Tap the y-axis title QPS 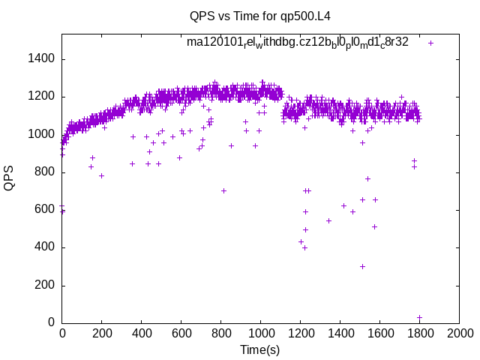(x=10, y=177)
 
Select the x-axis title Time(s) (x=259, y=349)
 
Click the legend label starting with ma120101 (x=298, y=43)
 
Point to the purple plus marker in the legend (x=430, y=43)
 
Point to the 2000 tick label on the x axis (x=459, y=333)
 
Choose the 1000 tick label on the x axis (x=260, y=333)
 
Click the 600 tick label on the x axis (x=181, y=333)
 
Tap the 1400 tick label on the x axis (x=340, y=333)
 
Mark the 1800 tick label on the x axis (x=419, y=333)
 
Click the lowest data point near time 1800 (x=419, y=317)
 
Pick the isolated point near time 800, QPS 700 (x=223, y=190)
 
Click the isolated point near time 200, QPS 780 (x=101, y=175)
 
